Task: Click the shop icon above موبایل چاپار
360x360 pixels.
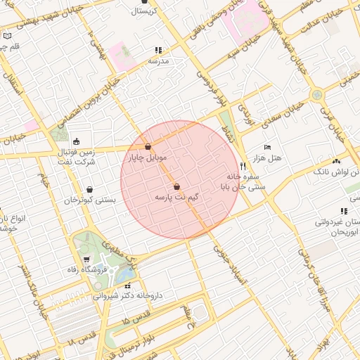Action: (x=148, y=147)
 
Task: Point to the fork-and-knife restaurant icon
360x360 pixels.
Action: (x=243, y=166)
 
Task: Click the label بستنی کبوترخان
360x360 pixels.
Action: (x=90, y=200)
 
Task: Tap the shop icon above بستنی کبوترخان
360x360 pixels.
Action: (x=90, y=189)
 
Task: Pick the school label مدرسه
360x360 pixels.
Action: (x=158, y=61)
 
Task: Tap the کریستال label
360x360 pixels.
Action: (x=144, y=11)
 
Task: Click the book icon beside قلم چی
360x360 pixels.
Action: (x=7, y=35)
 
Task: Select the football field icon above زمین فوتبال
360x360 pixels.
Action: (x=76, y=142)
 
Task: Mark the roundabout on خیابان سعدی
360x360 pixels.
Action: (x=317, y=94)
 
